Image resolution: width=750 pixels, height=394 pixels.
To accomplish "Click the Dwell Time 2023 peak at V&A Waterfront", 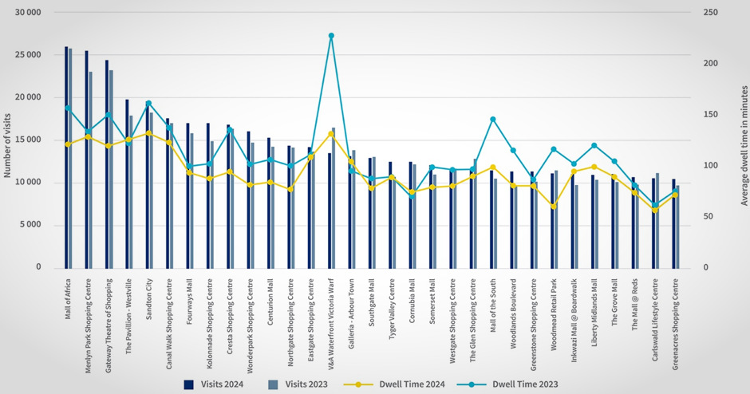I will (x=331, y=36).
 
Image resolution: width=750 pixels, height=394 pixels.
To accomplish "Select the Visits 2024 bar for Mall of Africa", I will (x=66, y=160).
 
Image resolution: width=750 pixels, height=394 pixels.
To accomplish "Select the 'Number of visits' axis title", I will (x=8, y=140).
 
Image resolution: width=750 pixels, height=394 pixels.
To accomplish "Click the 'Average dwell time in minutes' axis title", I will (x=740, y=140).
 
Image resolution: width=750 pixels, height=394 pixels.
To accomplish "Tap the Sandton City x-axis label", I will (x=148, y=299).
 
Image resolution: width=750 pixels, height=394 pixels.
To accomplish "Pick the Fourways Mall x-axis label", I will (x=189, y=298).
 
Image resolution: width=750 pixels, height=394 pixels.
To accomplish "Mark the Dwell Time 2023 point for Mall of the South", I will (x=493, y=120).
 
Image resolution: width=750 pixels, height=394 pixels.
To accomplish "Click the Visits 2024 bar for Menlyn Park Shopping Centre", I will (x=86, y=160).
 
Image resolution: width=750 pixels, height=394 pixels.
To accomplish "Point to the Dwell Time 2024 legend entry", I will (x=410, y=384).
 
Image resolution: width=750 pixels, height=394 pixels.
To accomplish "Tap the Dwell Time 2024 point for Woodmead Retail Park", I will (x=554, y=206).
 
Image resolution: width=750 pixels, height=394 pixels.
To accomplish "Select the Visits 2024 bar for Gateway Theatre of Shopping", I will (x=107, y=164).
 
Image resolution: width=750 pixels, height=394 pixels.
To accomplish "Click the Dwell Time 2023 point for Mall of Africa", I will (x=68, y=108).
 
